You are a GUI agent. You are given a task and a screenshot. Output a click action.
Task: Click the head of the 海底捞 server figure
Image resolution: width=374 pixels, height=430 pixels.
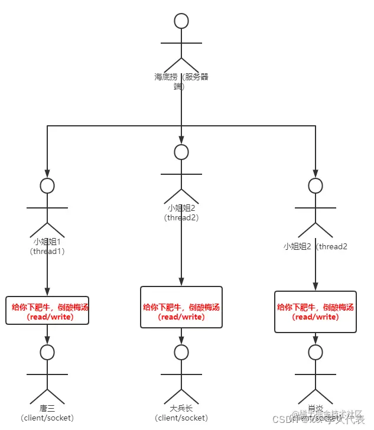coord(181,21)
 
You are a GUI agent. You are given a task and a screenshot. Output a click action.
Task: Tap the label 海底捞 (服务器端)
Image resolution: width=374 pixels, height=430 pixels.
coord(181,81)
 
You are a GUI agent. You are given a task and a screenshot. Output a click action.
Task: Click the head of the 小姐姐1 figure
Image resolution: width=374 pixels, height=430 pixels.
coord(47,185)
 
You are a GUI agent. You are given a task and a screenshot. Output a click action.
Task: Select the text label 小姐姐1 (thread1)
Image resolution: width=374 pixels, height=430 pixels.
coord(47,246)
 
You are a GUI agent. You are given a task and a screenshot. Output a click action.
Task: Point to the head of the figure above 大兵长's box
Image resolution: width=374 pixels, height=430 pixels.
coord(181,152)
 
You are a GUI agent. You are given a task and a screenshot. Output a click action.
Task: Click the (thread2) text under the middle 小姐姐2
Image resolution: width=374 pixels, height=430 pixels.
coord(181,217)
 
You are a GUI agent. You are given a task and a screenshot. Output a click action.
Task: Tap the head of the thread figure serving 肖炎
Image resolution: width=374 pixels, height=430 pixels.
coord(316,185)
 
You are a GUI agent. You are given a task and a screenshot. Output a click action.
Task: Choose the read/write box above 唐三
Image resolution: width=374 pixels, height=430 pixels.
coord(47,311)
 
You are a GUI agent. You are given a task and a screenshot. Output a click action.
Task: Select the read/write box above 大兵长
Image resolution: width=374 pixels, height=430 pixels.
coord(181,307)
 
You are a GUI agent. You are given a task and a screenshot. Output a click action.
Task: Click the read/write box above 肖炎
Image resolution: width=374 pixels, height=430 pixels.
coord(316,311)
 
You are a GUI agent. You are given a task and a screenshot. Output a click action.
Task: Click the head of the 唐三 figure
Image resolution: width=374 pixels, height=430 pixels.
coord(47,353)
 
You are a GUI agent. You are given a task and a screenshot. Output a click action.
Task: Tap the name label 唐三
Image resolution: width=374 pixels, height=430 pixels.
coord(47,409)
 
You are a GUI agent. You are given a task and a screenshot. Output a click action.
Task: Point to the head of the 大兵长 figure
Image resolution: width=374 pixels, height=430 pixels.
coord(181,353)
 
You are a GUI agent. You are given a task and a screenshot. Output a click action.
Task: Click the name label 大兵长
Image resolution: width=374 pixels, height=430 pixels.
coord(181,409)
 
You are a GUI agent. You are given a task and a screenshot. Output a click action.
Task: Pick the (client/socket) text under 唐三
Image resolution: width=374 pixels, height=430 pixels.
coord(47,418)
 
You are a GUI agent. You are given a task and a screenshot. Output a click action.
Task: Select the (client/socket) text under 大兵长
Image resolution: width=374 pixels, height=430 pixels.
coord(181,418)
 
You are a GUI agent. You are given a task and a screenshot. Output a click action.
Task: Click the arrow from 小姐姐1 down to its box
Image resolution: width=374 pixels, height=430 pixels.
coord(47,275)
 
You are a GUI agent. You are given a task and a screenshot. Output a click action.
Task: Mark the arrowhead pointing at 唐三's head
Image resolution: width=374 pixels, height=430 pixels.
coord(47,341)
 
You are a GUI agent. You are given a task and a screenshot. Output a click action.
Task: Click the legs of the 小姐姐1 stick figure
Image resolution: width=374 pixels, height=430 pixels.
coord(47,227)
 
